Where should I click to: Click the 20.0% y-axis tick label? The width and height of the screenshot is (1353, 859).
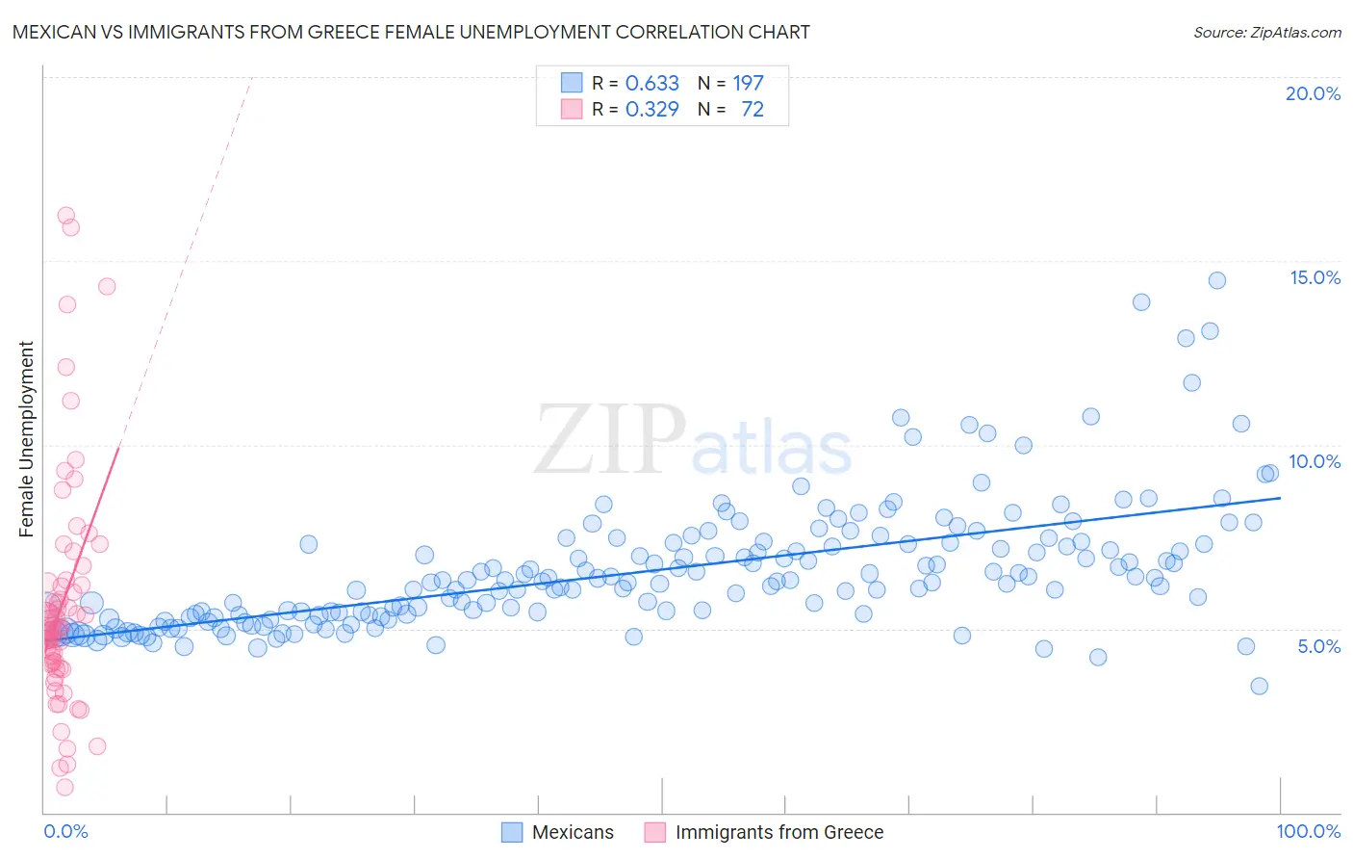point(1313,93)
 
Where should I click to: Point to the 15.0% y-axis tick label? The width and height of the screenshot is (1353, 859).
point(1315,277)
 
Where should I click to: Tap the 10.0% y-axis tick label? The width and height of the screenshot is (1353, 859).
point(1315,461)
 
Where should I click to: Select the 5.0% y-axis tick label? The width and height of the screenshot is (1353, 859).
point(1318,646)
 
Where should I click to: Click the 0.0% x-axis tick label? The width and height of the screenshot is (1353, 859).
point(65,831)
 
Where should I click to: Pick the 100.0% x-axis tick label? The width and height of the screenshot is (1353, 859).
point(1308,831)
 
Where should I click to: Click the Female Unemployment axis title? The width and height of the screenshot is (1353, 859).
point(26,438)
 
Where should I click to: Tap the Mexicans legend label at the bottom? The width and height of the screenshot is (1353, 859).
point(573,832)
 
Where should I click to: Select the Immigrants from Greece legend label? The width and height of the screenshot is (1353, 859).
point(779,832)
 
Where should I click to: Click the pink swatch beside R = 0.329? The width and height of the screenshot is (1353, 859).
point(572,109)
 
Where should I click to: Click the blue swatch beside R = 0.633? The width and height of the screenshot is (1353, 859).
point(572,83)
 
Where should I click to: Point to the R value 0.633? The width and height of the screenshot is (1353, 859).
point(651,83)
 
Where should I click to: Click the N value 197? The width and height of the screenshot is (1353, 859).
point(748,83)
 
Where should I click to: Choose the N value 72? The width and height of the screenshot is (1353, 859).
point(752,109)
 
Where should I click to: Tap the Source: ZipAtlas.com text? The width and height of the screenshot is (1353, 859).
point(1266,32)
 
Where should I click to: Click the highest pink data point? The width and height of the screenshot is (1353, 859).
point(66,216)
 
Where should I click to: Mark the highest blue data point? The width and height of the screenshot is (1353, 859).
point(1216,280)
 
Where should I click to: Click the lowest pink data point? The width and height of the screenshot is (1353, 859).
point(64,787)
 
